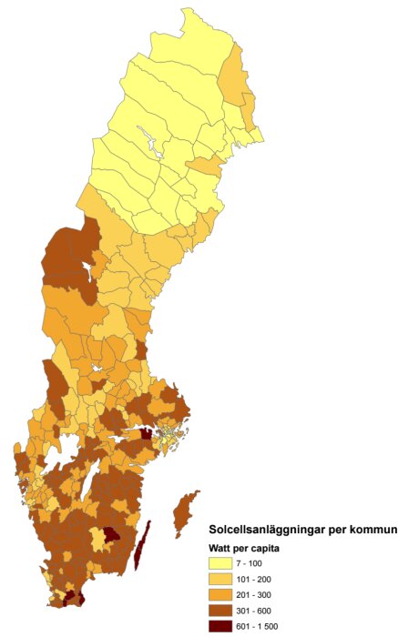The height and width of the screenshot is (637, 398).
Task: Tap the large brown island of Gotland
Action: pos(187,510)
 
